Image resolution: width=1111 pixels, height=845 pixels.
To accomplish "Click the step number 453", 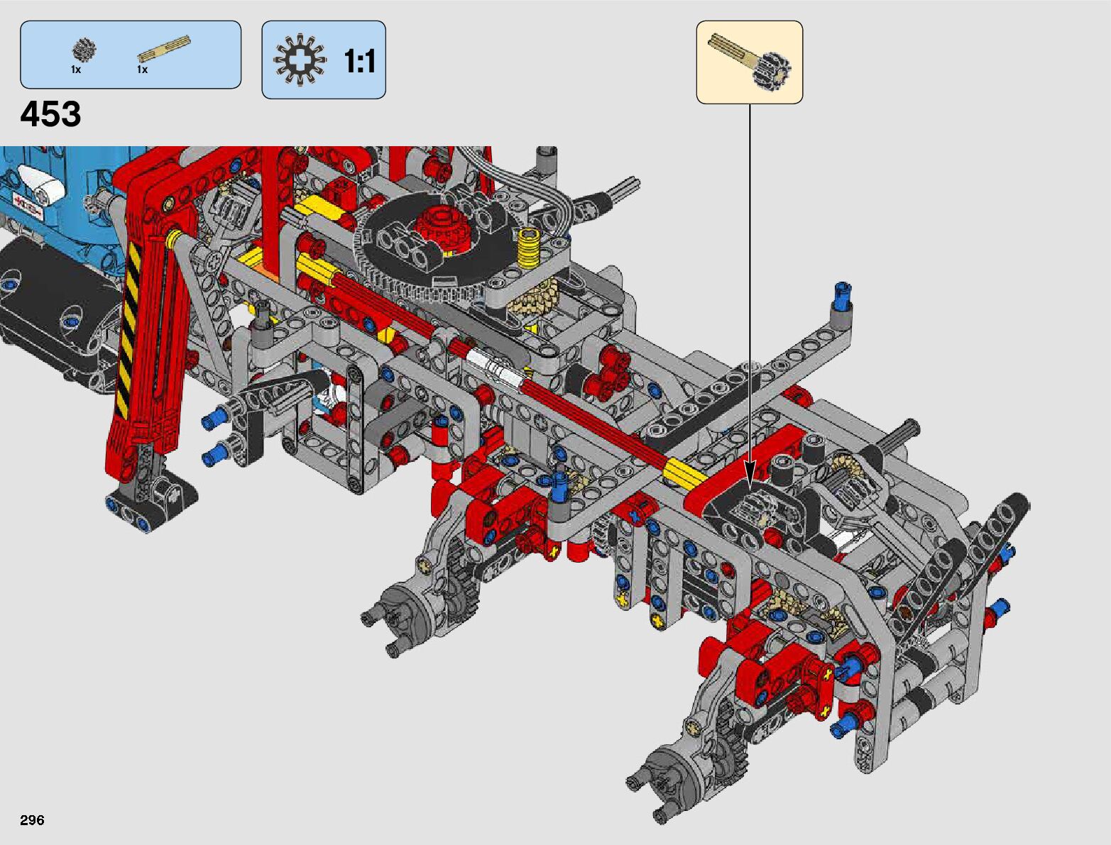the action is pos(50,114).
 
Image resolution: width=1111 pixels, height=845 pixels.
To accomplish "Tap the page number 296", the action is pos(32,820).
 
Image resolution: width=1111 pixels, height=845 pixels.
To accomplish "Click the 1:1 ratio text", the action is pos(359,62).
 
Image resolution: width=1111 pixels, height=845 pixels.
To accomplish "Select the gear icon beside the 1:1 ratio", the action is pos(300,60).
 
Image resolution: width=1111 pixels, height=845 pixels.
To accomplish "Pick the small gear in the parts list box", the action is pos(84,50).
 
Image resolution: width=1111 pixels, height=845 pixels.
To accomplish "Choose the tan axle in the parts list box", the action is pos(164,49).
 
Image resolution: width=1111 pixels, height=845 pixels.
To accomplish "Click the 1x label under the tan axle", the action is pos(142,70).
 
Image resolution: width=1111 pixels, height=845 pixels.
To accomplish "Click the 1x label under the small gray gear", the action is pos(76,70).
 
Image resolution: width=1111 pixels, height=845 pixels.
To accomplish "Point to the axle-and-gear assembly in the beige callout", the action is pos(750,62).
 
